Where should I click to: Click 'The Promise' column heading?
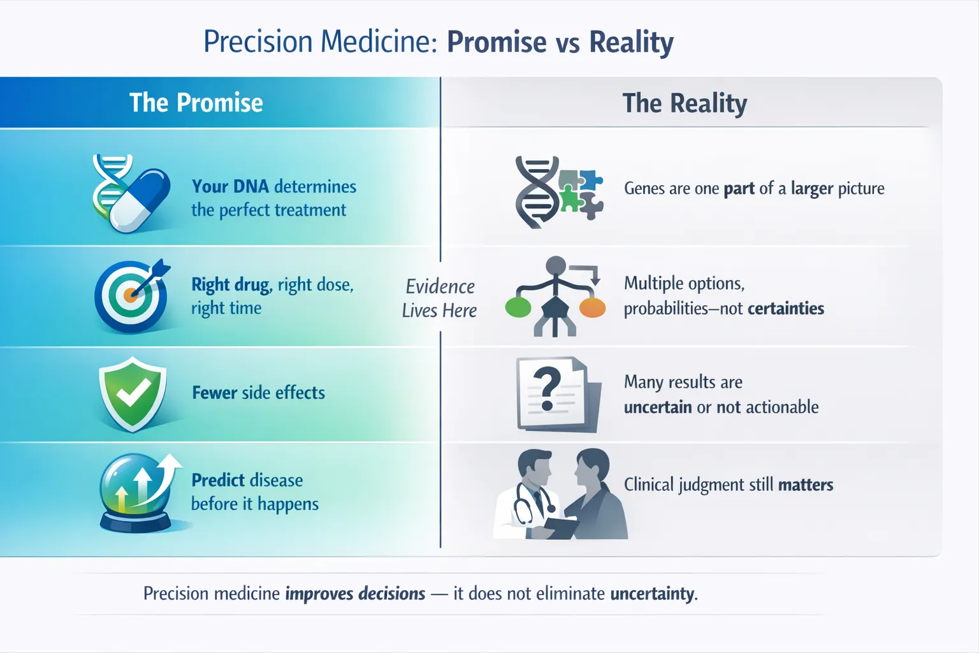(196, 103)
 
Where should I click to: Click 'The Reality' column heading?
(685, 104)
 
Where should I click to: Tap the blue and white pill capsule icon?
(140, 200)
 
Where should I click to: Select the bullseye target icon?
(131, 296)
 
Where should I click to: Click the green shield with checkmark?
(133, 393)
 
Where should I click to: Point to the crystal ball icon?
(136, 492)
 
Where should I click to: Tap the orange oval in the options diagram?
(592, 307)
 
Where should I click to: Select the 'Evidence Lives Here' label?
(440, 298)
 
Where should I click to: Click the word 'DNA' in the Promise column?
(251, 186)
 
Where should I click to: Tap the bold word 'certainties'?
(786, 309)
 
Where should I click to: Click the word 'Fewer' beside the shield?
(215, 392)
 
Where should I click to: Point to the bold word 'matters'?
(806, 485)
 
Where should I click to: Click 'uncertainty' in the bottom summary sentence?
(651, 594)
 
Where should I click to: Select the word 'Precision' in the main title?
(258, 41)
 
